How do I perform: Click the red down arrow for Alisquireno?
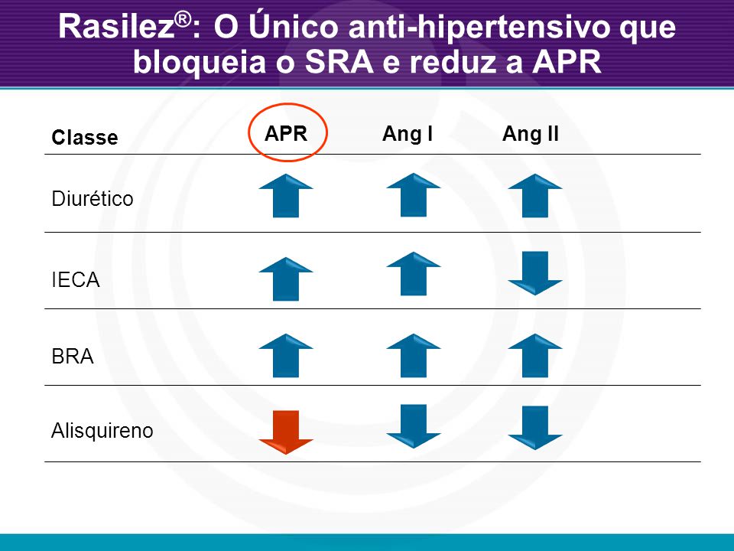[x=286, y=432]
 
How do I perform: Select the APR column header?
[x=286, y=133]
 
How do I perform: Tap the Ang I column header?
[x=408, y=134]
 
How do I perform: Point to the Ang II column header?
[x=531, y=133]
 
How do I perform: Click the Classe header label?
[x=85, y=137]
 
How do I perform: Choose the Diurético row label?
[x=93, y=198]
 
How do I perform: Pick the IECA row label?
[x=76, y=280]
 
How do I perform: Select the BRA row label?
[x=73, y=357]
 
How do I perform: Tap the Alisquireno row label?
[x=102, y=430]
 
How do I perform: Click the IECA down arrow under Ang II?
[x=535, y=273]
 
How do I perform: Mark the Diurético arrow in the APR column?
[x=286, y=195]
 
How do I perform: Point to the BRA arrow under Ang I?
[x=414, y=355]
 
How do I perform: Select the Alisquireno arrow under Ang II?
[x=535, y=428]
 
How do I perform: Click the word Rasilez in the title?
[x=117, y=26]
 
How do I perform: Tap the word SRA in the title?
[x=339, y=61]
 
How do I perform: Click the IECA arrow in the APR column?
[x=286, y=279]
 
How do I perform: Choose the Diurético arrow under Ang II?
[x=535, y=195]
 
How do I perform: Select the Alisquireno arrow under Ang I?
[x=414, y=426]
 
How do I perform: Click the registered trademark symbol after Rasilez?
[x=183, y=19]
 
